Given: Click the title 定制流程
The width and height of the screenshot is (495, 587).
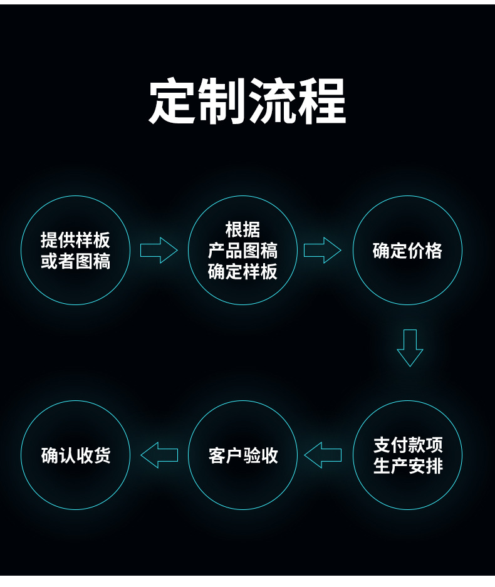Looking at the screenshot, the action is (247, 101).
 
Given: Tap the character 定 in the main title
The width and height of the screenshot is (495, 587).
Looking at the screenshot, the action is (172, 101).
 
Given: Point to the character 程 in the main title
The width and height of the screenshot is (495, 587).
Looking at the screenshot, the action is (322, 101).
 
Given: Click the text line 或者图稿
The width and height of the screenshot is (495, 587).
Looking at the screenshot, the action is (75, 262).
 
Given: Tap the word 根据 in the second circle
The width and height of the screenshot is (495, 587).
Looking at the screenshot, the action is (242, 229).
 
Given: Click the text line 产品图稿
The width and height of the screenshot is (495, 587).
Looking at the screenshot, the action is (242, 251).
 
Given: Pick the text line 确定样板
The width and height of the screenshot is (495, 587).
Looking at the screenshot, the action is (242, 272).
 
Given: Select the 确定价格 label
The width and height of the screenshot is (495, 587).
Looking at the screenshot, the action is (407, 251).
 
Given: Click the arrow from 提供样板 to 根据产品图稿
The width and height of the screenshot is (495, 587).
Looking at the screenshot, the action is (159, 251).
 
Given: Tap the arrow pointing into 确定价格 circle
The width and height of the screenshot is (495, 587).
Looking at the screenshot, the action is (322, 251).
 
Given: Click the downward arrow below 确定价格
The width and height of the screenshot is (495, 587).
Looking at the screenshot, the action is (410, 348).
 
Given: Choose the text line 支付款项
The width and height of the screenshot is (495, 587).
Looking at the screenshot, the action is (408, 445).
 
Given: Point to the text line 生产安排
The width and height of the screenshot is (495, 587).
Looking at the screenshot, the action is (408, 466).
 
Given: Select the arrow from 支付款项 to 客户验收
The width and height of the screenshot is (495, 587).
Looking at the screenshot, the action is (323, 455).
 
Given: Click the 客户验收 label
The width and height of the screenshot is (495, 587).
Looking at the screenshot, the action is (242, 455).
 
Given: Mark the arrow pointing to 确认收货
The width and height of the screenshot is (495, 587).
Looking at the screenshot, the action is (159, 455).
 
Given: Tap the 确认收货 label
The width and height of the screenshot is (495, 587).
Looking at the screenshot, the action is (76, 455).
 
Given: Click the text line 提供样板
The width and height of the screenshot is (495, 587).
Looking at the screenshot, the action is (75, 240).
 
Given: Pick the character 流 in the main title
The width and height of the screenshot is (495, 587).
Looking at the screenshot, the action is (273, 101).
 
